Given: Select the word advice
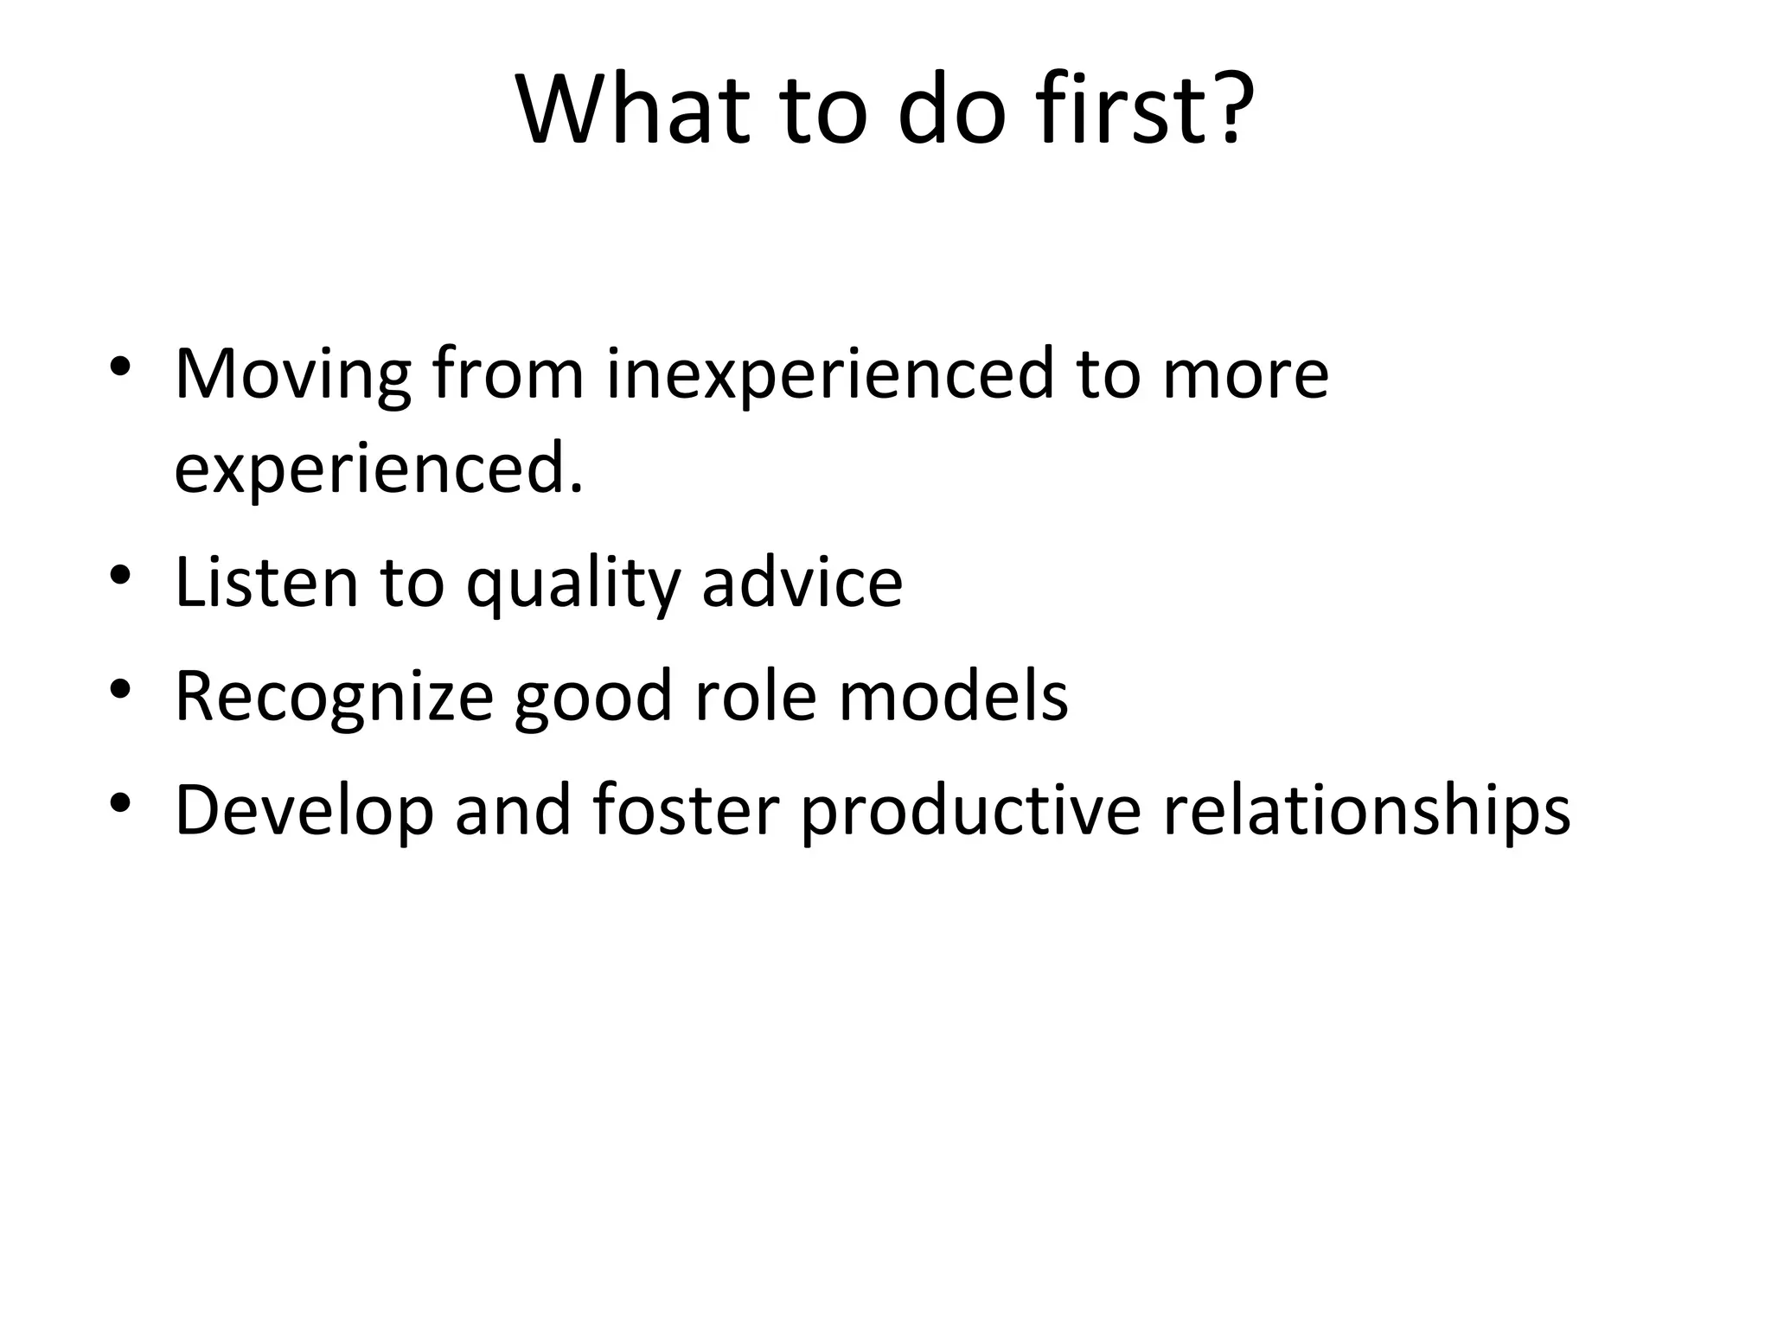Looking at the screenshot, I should (x=802, y=582).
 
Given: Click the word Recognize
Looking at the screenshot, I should (x=334, y=697).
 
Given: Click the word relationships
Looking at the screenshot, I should (x=1366, y=811).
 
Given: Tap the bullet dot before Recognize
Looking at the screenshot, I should (x=120, y=688).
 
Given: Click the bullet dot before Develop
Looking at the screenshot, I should (x=120, y=803).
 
